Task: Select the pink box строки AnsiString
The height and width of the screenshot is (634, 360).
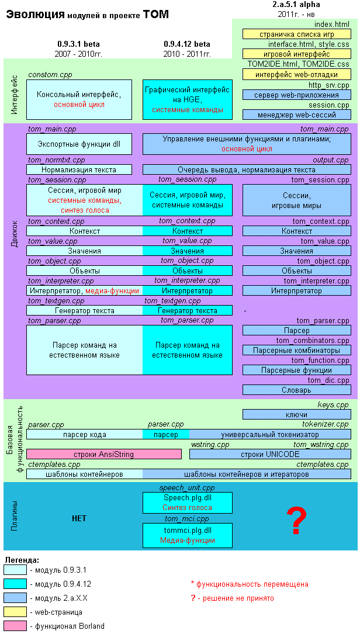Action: coord(104,454)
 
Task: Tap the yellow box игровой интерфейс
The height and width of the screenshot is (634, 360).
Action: coord(296,54)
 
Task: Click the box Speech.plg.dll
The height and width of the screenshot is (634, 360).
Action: coord(187,503)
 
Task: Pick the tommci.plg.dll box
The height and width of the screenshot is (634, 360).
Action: coord(187,535)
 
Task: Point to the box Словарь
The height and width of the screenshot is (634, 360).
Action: coord(296,390)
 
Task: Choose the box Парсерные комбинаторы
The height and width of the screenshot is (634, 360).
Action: coord(296,350)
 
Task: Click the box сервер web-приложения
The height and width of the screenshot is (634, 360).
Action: coord(296,95)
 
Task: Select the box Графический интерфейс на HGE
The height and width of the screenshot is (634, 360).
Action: coord(187,99)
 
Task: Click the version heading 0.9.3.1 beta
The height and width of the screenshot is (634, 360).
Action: coord(78,44)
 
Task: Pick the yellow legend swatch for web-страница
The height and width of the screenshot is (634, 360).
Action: coord(15,612)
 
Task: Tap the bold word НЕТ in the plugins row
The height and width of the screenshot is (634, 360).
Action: coord(79,519)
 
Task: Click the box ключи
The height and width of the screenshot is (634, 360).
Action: coord(296,414)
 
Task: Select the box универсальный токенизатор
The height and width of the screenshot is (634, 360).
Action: coord(270,434)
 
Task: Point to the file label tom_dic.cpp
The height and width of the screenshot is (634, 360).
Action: coord(328,380)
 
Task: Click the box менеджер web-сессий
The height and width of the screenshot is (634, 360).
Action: coord(296,115)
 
